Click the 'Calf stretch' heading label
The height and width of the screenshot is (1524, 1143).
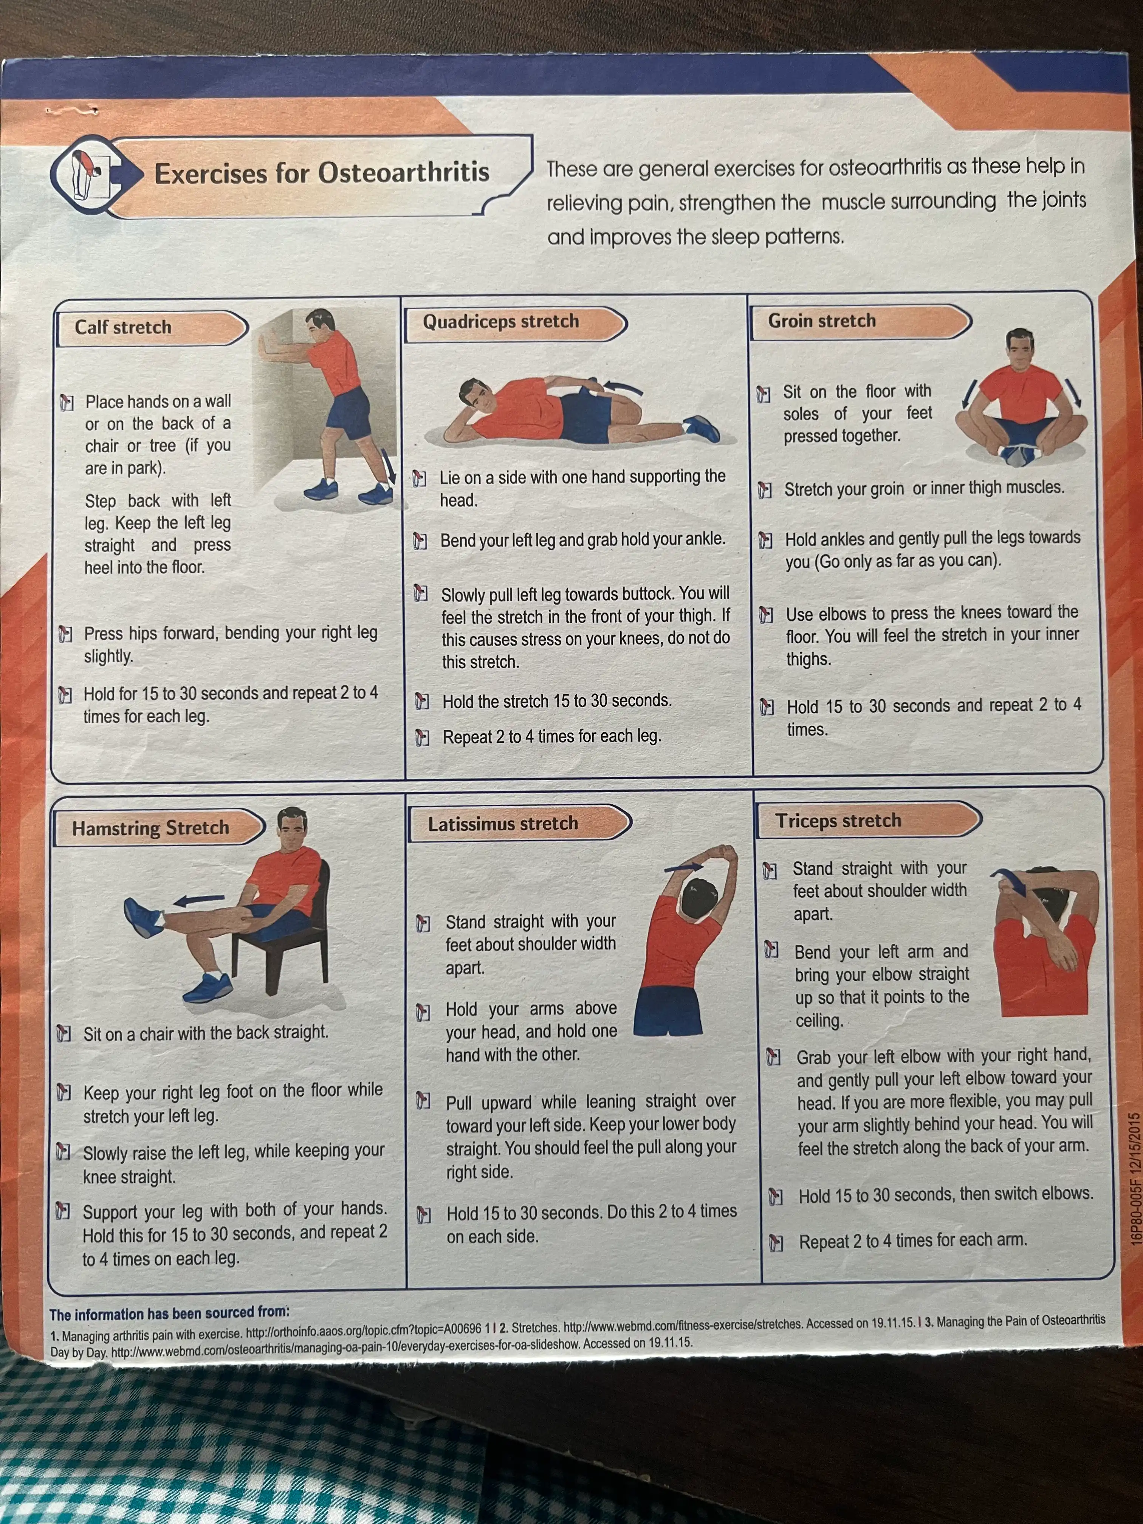point(123,327)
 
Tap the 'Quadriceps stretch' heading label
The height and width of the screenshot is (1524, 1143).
point(501,322)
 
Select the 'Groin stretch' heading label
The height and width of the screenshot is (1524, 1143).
point(822,321)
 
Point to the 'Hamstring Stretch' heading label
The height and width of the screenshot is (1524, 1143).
point(150,827)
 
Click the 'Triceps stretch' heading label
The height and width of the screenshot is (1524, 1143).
point(838,821)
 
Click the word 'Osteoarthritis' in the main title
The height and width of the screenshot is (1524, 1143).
point(404,172)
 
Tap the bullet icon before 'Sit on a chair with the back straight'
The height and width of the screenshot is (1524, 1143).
point(63,1033)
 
